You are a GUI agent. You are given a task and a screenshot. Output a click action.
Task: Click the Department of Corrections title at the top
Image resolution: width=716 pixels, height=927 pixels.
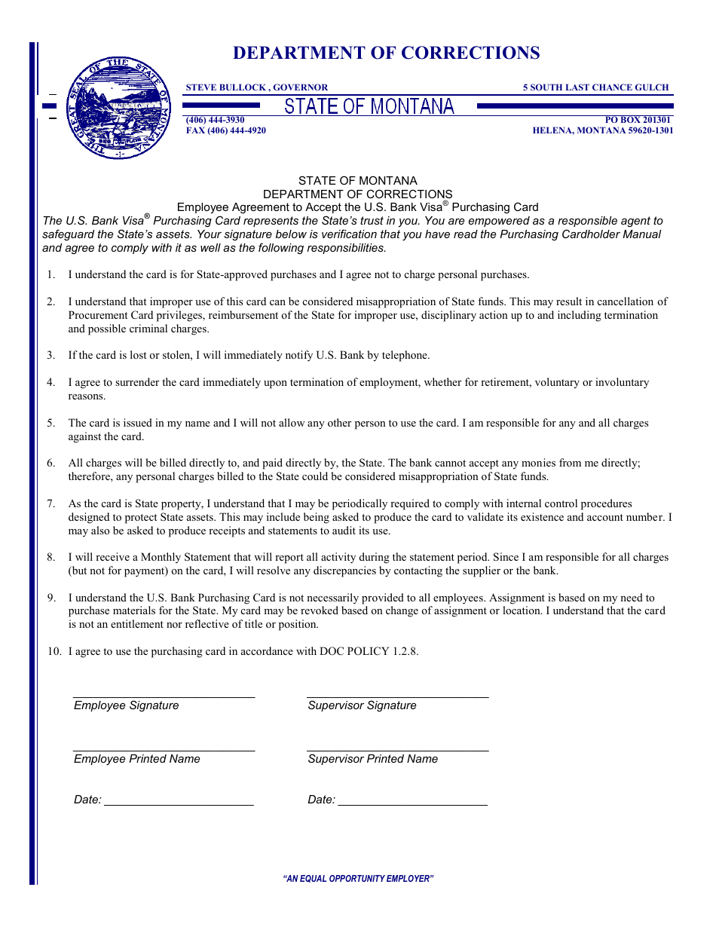click(x=386, y=53)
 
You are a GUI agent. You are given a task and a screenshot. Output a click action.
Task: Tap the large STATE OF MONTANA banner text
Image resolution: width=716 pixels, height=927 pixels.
click(x=369, y=107)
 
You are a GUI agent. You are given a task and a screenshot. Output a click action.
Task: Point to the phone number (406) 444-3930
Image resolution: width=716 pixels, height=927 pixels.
click(x=216, y=120)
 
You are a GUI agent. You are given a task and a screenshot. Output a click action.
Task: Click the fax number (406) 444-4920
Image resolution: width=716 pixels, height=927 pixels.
click(x=226, y=130)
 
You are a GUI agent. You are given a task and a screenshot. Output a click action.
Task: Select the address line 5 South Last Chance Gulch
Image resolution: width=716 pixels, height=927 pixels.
click(x=595, y=87)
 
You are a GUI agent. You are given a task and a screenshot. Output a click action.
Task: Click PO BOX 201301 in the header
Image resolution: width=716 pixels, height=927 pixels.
click(x=638, y=120)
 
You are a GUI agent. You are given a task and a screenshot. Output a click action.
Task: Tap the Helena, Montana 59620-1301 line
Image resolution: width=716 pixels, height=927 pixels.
click(x=603, y=130)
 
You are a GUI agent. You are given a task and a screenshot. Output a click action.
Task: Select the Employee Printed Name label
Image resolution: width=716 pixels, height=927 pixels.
click(x=137, y=759)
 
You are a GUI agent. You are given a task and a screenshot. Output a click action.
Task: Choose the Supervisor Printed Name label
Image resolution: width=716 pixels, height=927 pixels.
click(x=372, y=759)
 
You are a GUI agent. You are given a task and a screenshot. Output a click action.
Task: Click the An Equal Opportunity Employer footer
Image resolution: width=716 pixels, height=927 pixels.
click(x=358, y=879)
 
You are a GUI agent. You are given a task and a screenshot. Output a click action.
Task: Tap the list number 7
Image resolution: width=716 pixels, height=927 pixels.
click(x=51, y=503)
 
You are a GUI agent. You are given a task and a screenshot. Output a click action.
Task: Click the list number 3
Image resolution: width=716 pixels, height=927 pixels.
click(x=51, y=355)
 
